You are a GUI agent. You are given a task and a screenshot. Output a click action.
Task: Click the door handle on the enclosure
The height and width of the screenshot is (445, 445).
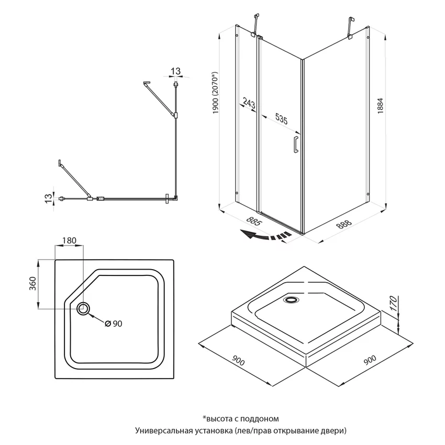[295, 144]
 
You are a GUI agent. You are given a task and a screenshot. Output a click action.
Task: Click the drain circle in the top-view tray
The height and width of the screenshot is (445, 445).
[83, 308]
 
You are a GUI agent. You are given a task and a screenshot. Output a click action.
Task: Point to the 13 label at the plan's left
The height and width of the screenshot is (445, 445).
[49, 198]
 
